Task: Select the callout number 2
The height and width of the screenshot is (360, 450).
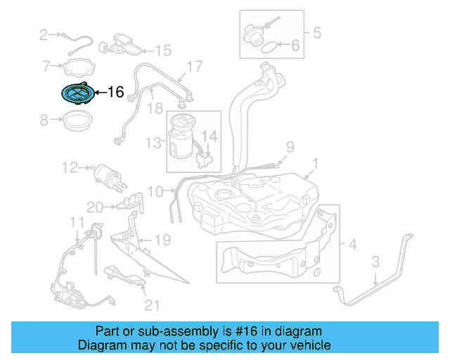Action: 44,34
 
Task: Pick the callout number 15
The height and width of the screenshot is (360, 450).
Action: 162,50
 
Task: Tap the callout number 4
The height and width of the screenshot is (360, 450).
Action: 352,244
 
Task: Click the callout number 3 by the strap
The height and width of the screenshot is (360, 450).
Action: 375,262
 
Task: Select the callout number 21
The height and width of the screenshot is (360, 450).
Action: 152,304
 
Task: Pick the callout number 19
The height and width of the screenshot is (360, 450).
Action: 162,240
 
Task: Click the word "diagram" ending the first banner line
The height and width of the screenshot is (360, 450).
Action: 299,331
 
